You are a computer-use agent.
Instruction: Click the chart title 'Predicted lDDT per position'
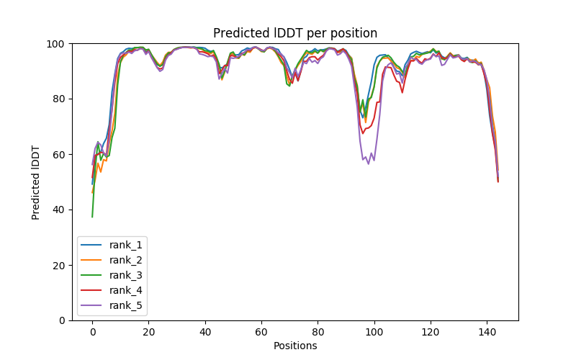[295, 33]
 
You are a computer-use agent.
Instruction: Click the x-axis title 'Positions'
[295, 346]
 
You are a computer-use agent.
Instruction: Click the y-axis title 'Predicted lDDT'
[37, 182]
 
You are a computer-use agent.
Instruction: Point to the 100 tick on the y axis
[55, 44]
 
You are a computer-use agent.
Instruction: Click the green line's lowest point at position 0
[92, 217]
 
